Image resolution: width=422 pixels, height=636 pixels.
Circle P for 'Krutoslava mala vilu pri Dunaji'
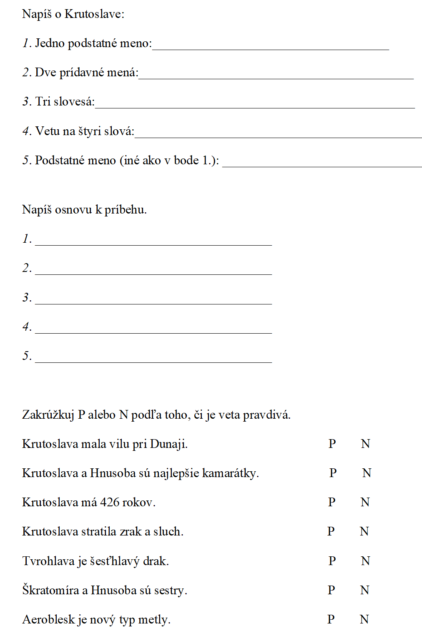point(332,444)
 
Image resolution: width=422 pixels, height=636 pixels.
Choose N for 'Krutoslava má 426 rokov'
point(365,502)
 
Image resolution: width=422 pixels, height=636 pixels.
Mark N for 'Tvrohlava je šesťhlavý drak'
point(365,561)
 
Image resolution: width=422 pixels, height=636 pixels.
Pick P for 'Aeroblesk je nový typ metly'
point(331,619)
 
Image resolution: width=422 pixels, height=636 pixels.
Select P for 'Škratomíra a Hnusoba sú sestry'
point(331,590)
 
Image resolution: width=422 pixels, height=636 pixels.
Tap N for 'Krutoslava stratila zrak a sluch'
point(364,531)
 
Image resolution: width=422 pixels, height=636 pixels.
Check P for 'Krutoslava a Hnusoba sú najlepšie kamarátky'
point(333,473)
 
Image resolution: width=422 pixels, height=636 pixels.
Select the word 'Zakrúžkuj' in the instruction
point(48,415)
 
